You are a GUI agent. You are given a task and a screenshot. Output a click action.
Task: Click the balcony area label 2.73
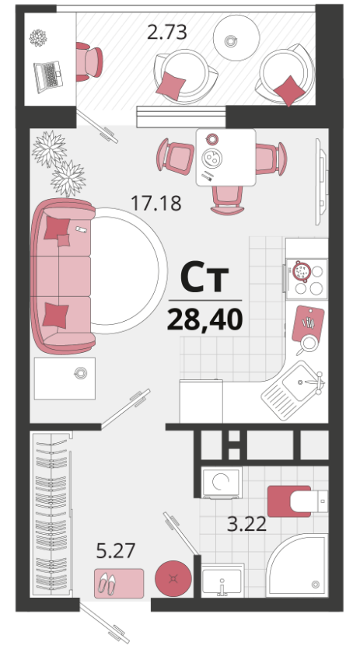click(x=167, y=33)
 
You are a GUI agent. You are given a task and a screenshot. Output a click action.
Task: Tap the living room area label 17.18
click(x=156, y=203)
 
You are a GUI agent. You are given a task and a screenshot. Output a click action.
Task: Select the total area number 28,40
click(x=204, y=319)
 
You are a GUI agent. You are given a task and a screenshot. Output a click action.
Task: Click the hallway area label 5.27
click(x=116, y=551)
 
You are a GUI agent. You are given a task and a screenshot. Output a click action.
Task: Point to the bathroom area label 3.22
click(x=246, y=525)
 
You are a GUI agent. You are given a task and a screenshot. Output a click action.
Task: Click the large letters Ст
click(x=204, y=278)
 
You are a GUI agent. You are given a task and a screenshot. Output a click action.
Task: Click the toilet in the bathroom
click(x=298, y=501)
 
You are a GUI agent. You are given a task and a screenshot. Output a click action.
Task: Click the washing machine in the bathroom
click(x=222, y=483)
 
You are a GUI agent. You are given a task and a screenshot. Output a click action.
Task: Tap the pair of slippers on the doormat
click(x=107, y=584)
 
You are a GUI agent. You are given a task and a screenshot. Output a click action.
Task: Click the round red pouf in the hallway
click(x=173, y=578)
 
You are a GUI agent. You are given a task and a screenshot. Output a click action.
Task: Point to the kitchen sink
click(x=294, y=389)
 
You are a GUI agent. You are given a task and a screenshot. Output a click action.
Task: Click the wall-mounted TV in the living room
click(x=321, y=182)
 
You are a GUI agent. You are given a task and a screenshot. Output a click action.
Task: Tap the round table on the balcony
click(x=236, y=37)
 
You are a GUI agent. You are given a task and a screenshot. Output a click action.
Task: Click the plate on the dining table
click(x=211, y=157)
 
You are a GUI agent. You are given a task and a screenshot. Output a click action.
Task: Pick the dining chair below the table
click(x=227, y=201)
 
